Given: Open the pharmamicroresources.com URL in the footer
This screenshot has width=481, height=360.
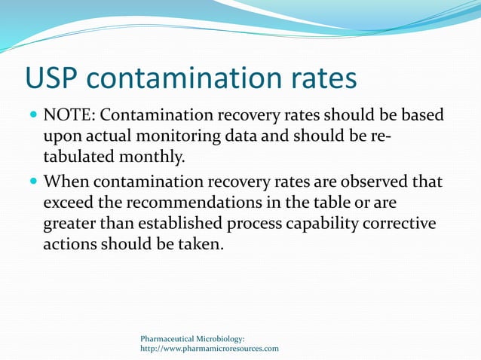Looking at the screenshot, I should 210,349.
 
